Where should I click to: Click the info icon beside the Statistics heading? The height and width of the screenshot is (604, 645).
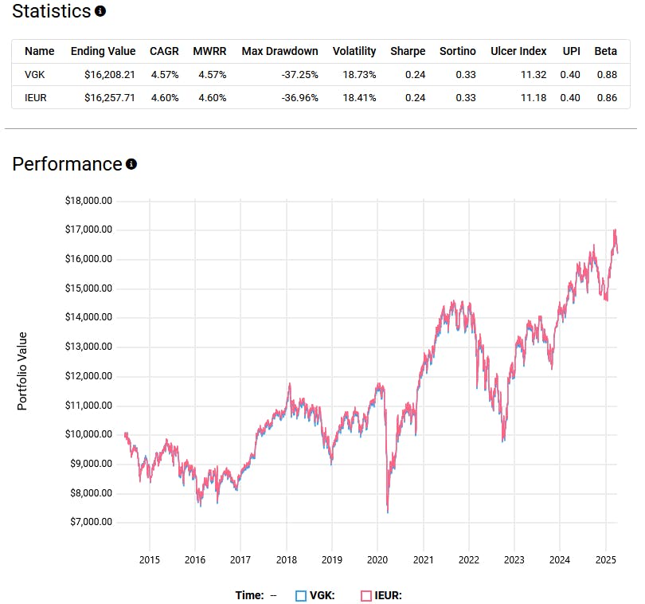[100, 12]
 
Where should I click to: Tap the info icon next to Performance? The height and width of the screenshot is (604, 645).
[131, 164]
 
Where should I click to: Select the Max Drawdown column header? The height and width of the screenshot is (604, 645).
[279, 51]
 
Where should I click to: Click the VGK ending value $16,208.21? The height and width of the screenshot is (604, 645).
[104, 75]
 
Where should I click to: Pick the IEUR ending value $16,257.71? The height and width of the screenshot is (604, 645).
[104, 98]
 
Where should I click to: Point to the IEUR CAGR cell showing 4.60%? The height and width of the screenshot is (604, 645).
[165, 98]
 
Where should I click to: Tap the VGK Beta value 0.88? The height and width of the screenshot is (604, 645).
[605, 75]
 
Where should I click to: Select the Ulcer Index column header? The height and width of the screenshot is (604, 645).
[518, 51]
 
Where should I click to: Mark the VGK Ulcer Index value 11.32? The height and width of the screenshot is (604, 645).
[533, 75]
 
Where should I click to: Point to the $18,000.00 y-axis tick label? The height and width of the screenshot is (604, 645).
[89, 201]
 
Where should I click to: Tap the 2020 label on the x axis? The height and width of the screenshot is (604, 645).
[377, 559]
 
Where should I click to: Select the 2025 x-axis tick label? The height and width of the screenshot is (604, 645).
[606, 559]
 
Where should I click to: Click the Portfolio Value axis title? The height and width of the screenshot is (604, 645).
[22, 371]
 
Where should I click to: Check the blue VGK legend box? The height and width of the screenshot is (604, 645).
[300, 595]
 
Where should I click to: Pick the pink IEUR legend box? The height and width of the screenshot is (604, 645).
[366, 595]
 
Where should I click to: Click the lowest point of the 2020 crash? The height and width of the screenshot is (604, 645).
[388, 512]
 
